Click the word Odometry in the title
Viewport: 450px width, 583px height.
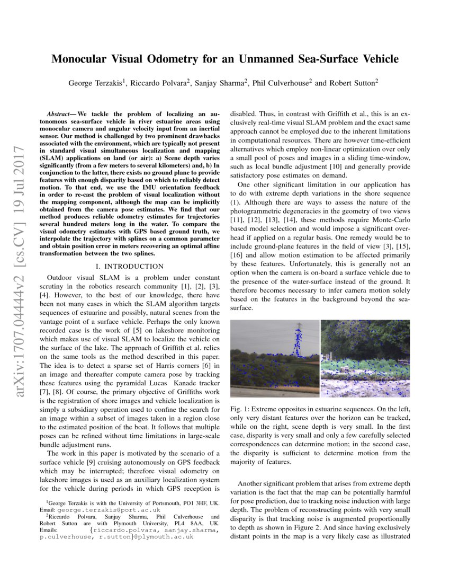(168, 59)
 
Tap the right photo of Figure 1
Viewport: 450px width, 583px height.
(365, 358)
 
